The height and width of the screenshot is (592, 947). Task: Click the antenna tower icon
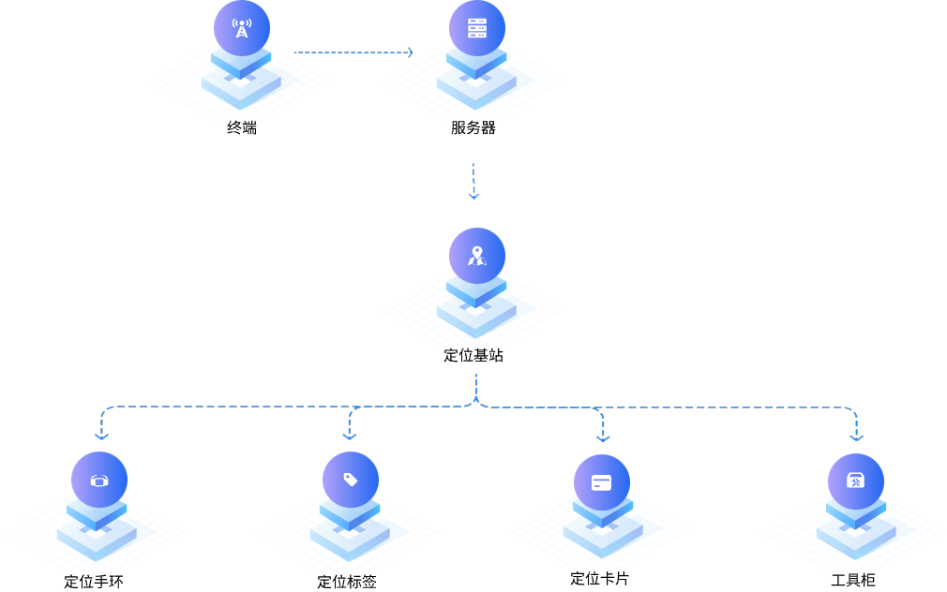tap(242, 27)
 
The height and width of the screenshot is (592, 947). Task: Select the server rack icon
tap(477, 27)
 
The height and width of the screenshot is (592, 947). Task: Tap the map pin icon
tap(477, 255)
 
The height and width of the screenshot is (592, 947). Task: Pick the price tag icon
tap(351, 480)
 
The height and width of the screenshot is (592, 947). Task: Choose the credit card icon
tap(602, 483)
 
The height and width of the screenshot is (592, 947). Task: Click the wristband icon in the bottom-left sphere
tap(99, 481)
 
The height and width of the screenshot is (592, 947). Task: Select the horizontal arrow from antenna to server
tap(353, 52)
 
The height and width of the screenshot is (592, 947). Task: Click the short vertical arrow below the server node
tap(473, 181)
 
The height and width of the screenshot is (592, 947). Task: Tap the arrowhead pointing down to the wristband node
tap(101, 436)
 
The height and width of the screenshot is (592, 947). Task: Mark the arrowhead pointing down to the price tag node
tap(350, 436)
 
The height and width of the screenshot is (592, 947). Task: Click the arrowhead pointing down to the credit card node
tap(603, 437)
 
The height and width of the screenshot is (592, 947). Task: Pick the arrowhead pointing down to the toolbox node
tap(856, 437)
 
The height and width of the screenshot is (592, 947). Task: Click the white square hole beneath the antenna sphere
tap(241, 82)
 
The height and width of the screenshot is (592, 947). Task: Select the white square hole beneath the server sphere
tap(476, 82)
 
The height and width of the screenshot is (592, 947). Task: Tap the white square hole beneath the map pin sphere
tap(476, 310)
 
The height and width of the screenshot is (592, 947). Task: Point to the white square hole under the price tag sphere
tap(350, 534)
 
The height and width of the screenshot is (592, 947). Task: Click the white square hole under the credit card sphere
tap(603, 536)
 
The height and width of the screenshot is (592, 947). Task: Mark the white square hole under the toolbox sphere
tap(855, 534)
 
